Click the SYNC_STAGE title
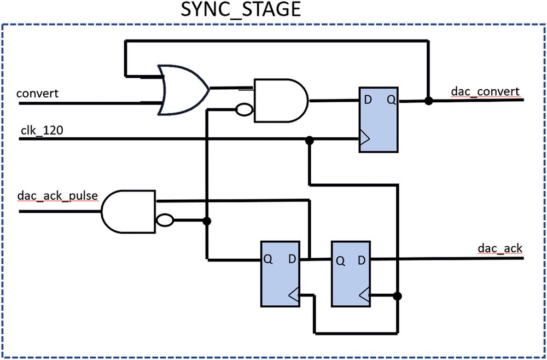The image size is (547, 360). [x=241, y=10]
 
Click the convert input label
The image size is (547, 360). [x=37, y=93]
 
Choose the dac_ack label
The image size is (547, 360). [x=499, y=248]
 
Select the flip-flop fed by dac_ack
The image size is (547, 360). [x=351, y=272]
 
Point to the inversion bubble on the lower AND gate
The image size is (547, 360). [x=165, y=221]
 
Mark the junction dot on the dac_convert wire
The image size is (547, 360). [x=428, y=101]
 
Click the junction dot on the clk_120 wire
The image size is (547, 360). [x=310, y=140]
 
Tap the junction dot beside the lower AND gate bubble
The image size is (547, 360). [x=207, y=221]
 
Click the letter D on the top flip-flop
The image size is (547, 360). [x=368, y=100]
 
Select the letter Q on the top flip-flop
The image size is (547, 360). [x=390, y=100]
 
